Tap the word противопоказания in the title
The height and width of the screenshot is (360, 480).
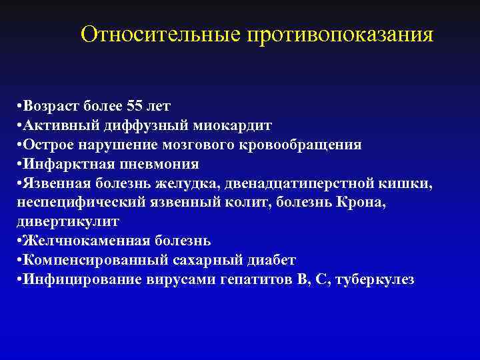pos(340,35)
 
